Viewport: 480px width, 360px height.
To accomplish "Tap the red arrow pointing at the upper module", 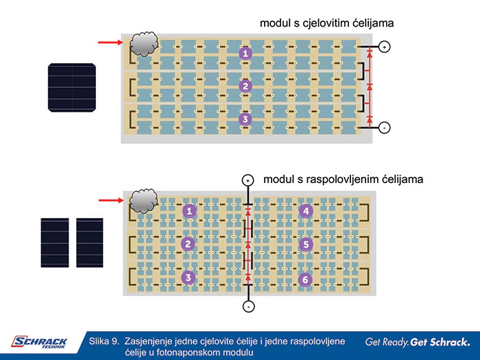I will (110, 43).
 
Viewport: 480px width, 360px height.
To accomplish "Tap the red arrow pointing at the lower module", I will (110, 200).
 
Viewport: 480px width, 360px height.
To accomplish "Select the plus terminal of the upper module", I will (385, 47).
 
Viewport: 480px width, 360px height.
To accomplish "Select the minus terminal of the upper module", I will (385, 128).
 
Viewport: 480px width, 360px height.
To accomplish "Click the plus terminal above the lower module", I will (248, 180).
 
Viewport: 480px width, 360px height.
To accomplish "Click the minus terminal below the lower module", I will (248, 306).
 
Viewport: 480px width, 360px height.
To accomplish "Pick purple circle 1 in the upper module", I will (245, 53).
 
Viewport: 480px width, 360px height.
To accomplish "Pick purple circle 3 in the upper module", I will (245, 119).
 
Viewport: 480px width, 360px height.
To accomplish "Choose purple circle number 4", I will (306, 211).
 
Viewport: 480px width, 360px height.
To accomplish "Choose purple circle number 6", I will (306, 278).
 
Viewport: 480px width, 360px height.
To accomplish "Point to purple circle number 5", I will (306, 244).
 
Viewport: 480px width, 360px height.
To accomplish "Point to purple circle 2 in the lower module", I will (189, 244).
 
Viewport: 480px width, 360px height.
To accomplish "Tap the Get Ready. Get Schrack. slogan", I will (418, 341).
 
